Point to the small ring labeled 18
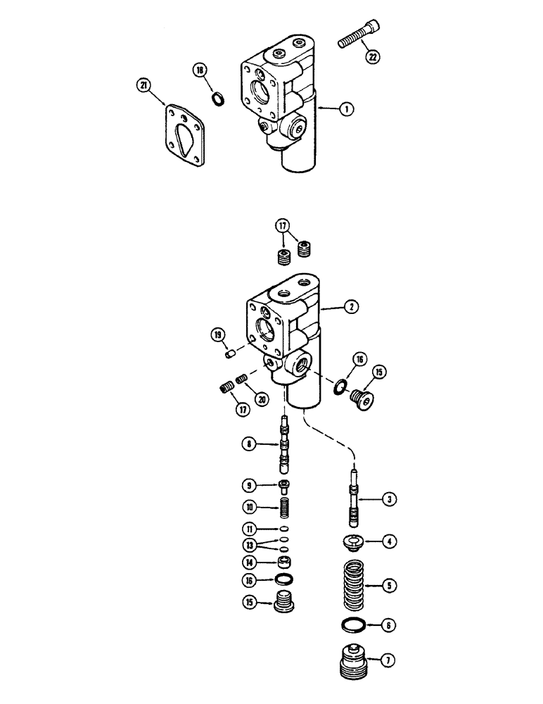[x=218, y=99]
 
